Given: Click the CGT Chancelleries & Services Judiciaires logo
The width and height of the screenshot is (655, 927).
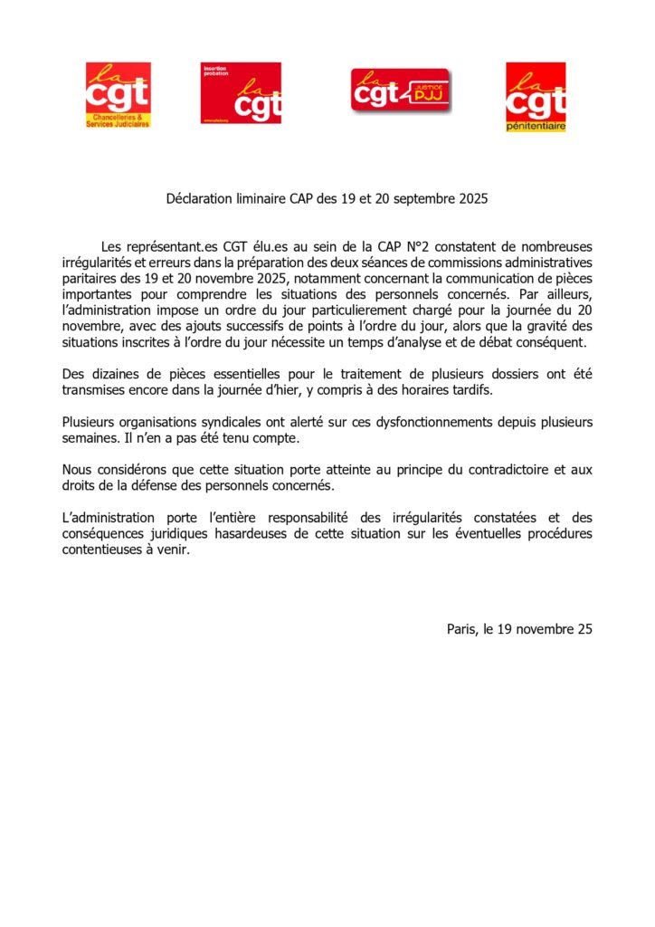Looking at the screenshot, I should click(x=118, y=95).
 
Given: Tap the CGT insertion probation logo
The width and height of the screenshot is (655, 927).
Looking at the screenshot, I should click(x=241, y=93).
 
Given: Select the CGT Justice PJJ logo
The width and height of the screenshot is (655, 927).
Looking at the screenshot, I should click(x=401, y=91).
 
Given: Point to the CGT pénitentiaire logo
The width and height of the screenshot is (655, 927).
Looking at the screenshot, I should click(x=536, y=97).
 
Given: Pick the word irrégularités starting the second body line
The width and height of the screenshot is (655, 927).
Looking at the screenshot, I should click(x=96, y=263).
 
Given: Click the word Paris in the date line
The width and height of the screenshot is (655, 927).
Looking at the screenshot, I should click(x=461, y=629).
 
